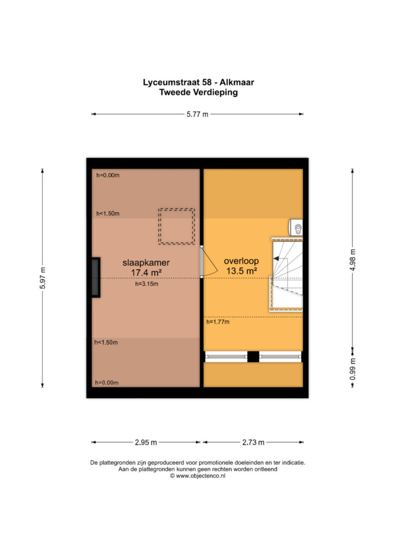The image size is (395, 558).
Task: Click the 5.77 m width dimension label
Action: [197, 114]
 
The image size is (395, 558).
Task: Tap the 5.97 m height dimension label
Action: [43, 277]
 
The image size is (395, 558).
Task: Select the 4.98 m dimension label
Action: [353, 260]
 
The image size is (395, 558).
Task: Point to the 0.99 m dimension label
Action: [353, 369]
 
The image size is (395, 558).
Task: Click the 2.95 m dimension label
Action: [146, 442]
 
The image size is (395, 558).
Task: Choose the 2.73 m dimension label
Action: [253, 442]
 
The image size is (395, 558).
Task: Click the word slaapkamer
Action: [146, 263]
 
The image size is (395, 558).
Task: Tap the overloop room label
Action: [241, 261]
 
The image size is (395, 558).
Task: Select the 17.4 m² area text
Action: [147, 273]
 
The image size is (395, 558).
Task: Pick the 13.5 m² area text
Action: [242, 271]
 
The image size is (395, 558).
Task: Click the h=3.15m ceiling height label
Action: [147, 284]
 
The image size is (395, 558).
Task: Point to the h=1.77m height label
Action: [218, 322]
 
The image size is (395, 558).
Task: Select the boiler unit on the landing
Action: [296, 228]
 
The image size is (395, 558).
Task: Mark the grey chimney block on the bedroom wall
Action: [96, 277]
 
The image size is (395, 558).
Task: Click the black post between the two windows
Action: [253, 357]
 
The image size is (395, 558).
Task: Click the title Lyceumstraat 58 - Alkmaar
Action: [199, 82]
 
